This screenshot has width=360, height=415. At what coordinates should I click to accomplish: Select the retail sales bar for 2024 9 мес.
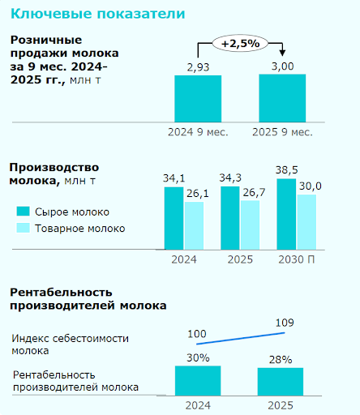pos(198,98)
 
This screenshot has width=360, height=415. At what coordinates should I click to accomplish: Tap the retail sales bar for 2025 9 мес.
pos(282,97)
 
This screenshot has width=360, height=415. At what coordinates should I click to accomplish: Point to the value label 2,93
pos(198,66)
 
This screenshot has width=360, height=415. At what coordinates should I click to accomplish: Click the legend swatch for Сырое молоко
pos(24,212)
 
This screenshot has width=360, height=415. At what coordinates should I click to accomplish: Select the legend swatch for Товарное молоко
pos(24,229)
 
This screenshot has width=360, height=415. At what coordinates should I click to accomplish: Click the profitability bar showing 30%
pos(198,379)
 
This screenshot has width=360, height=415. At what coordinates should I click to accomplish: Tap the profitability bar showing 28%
pos(281,381)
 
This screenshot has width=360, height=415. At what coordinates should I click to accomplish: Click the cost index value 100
pos(197,334)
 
